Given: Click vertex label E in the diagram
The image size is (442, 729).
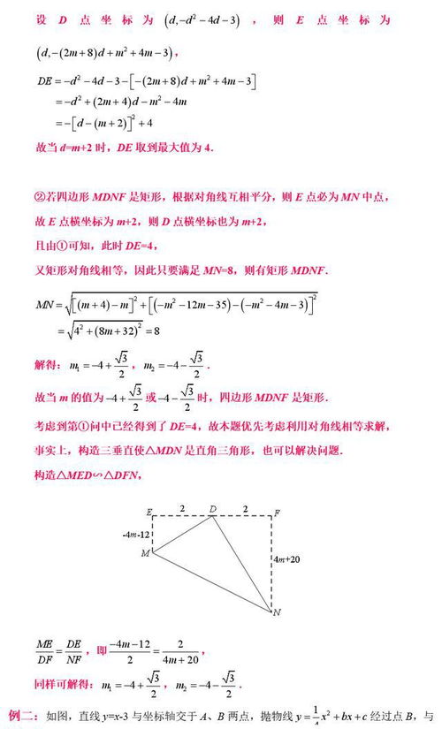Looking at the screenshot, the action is (x=150, y=513).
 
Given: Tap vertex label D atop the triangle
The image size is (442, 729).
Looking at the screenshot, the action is (x=213, y=509).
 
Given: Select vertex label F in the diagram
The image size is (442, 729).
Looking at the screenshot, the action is (x=278, y=513).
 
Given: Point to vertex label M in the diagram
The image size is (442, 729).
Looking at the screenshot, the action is (x=146, y=554).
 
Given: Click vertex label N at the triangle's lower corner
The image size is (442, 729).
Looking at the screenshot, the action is (x=277, y=612).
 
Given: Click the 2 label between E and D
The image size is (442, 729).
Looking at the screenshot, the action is (x=182, y=508).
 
